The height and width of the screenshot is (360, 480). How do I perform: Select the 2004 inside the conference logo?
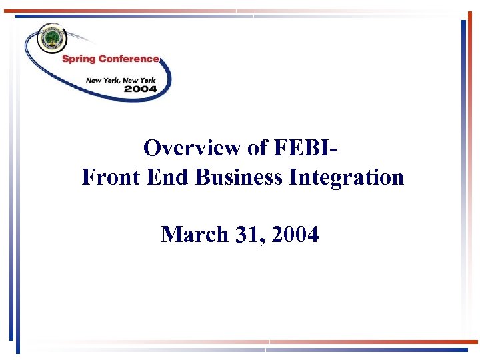140,88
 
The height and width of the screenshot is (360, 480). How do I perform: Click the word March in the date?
194,235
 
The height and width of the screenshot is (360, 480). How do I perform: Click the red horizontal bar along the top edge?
120,11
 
